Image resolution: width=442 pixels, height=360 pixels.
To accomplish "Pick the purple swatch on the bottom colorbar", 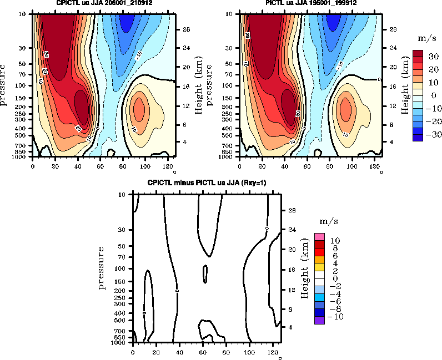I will click(x=319, y=320).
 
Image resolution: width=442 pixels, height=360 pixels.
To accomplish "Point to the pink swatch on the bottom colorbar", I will click(x=319, y=237).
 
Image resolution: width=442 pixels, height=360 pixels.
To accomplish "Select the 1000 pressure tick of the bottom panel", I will click(x=120, y=343).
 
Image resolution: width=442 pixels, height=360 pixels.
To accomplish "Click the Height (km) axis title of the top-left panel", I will click(x=198, y=85).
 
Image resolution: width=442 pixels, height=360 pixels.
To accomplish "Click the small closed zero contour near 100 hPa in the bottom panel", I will click(x=205, y=273).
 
